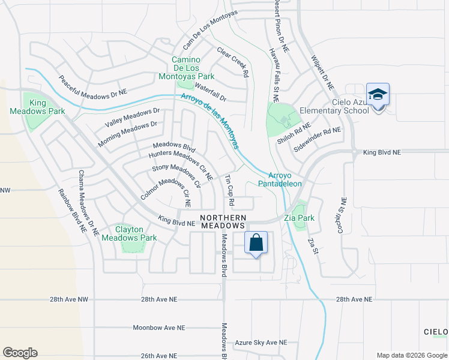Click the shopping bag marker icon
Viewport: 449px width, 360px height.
(x=256, y=243)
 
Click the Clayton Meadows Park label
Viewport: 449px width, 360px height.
(x=129, y=233)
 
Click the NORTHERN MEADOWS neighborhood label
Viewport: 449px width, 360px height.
(x=223, y=221)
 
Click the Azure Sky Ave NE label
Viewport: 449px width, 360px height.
(x=261, y=342)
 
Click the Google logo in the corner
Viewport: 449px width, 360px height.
(x=20, y=353)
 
